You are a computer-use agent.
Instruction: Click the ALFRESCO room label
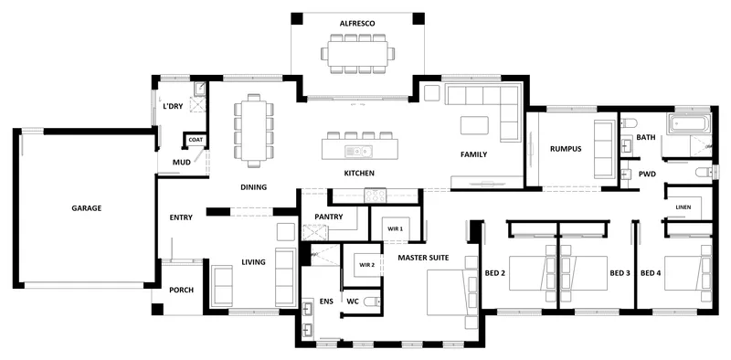coord(357,23)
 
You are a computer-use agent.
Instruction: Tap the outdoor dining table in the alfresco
coord(357,54)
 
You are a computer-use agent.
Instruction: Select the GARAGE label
coord(86,208)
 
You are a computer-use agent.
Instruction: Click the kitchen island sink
coord(358,151)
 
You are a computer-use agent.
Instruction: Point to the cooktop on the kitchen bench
coord(376,196)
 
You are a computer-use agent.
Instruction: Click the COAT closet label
coord(195,140)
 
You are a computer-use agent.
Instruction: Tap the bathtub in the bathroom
coord(689,124)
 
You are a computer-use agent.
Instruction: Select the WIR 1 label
coord(395,229)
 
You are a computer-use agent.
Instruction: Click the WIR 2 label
coord(367,265)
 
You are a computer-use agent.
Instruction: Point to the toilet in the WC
coord(372,302)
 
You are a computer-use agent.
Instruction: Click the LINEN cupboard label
coord(683,207)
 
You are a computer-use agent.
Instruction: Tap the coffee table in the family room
coord(474,125)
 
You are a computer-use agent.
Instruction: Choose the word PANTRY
coord(329,217)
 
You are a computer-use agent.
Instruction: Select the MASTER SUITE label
coord(423,258)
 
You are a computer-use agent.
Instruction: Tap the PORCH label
coord(181,290)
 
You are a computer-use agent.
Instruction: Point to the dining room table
coord(254,131)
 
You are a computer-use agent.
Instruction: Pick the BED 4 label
coord(651,273)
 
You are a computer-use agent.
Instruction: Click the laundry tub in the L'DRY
coord(200,89)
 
